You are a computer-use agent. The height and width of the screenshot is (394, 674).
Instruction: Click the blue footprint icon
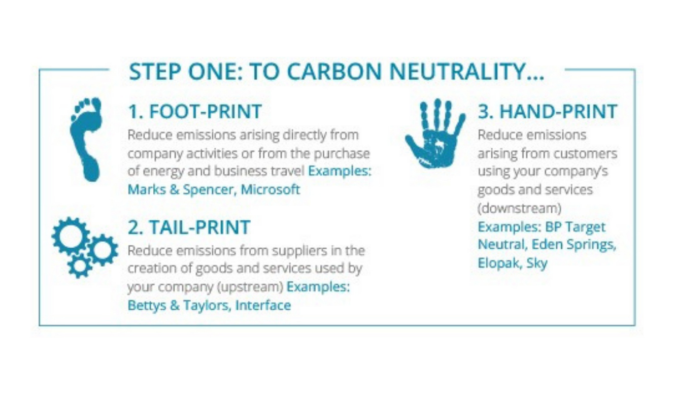[86, 139]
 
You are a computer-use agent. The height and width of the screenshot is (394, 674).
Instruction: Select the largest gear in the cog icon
[71, 236]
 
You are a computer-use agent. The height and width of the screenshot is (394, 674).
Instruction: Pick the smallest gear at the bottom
[80, 266]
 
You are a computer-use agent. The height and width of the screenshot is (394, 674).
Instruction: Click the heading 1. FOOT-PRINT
[195, 111]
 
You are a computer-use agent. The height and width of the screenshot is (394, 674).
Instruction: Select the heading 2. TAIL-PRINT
[189, 227]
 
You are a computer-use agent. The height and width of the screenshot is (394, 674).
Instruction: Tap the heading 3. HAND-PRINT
[548, 111]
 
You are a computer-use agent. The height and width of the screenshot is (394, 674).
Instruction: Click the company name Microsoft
[270, 189]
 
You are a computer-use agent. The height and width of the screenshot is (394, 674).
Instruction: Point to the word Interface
[263, 305]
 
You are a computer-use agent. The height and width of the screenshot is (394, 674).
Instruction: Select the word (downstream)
[520, 208]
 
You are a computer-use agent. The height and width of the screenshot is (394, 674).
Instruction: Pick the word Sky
[537, 264]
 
